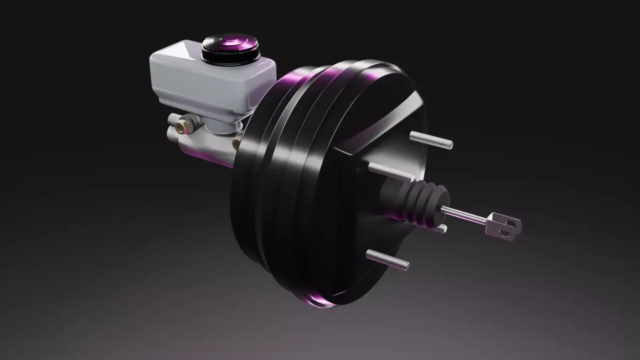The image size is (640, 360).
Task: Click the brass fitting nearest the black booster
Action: coord(236,143)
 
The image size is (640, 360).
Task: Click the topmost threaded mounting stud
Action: coord(431,140)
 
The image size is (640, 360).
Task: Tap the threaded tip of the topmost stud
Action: coord(448,144)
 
